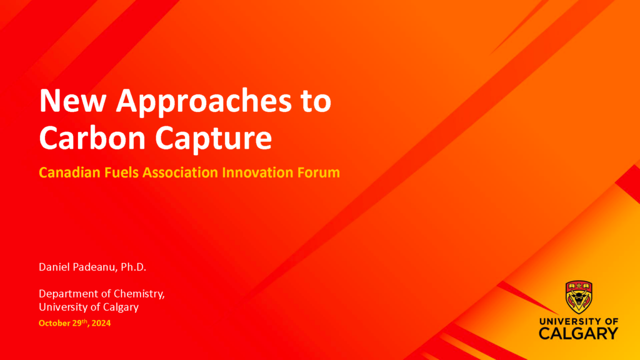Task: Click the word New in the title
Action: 72,101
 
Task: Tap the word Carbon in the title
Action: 92,137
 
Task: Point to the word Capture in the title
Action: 214,139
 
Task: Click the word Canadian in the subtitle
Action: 69,172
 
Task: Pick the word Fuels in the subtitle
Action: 121,172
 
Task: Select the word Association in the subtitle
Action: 180,172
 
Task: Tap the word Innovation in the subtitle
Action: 257,172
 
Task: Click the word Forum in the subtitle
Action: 318,172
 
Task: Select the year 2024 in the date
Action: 101,323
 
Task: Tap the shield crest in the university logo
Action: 579,297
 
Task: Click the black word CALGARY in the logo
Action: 578,333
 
